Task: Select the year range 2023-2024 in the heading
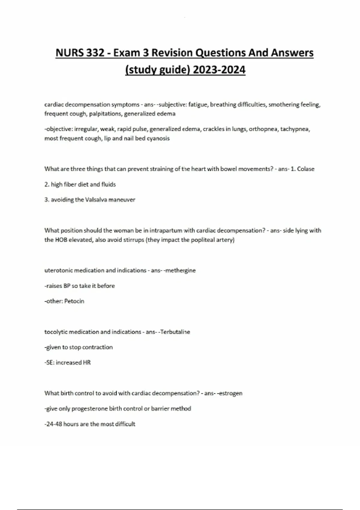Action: click(219, 70)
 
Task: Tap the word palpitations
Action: click(105, 114)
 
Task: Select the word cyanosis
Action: click(158, 138)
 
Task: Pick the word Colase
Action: click(306, 169)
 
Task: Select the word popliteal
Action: click(198, 240)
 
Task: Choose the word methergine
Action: click(181, 270)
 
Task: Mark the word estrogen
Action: click(230, 393)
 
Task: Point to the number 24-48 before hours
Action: click(54, 424)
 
